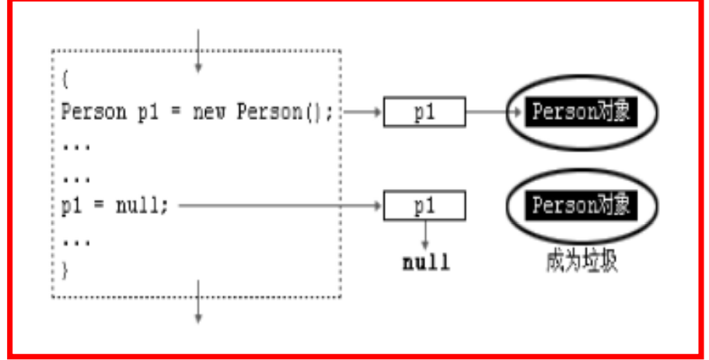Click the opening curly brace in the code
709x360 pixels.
point(65,79)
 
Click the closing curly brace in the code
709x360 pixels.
point(65,270)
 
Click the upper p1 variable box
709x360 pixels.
point(424,112)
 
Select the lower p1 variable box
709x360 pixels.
point(424,207)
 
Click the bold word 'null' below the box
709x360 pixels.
point(425,262)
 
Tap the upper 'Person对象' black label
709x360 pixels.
point(581,112)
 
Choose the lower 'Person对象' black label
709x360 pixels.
point(581,207)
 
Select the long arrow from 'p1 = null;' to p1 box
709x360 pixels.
point(280,207)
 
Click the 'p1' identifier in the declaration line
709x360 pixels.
point(148,112)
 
